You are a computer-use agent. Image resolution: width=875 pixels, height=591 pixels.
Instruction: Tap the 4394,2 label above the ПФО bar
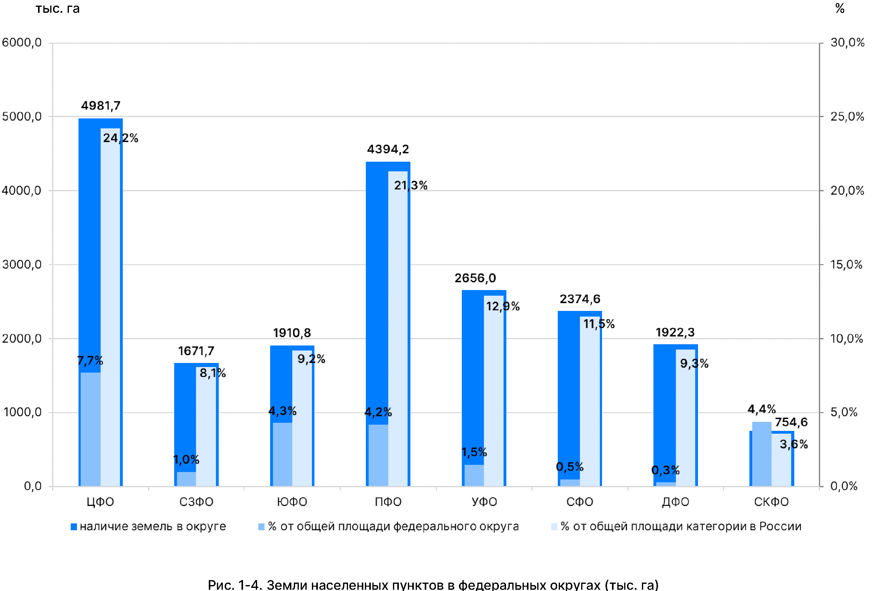[388, 150]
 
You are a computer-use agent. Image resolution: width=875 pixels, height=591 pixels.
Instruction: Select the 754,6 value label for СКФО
[791, 422]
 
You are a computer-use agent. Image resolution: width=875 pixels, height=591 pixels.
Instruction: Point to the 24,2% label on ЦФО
[121, 138]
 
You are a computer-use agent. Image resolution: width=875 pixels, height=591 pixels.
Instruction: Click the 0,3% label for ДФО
[665, 470]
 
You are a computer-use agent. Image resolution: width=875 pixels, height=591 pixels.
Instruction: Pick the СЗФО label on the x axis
[196, 502]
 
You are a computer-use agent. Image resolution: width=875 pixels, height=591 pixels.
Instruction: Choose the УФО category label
[484, 502]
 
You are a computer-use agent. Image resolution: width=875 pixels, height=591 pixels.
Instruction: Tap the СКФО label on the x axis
[771, 502]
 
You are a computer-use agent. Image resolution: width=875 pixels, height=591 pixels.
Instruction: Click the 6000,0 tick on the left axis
[22, 43]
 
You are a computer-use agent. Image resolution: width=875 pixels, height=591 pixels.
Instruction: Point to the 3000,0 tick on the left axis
[22, 265]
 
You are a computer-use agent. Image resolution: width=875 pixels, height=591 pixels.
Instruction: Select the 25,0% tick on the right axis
[847, 117]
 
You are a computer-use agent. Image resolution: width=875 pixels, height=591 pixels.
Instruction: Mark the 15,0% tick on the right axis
[846, 265]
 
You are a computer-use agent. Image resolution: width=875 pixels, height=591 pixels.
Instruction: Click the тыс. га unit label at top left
[58, 9]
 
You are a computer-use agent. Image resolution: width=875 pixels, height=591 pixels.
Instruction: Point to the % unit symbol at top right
[839, 8]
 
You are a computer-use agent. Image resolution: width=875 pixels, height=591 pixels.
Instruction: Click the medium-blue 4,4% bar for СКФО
[762, 454]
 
